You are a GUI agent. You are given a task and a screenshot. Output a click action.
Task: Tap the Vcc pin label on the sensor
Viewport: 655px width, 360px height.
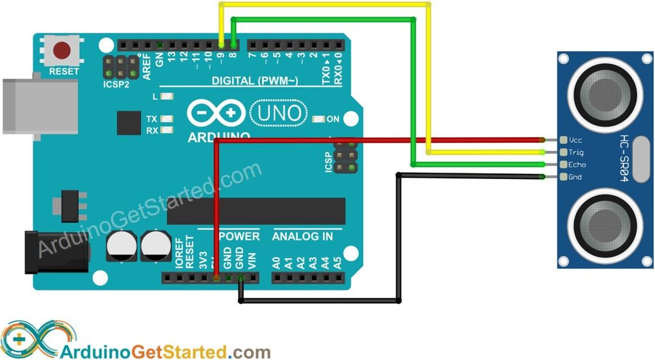(x=575, y=140)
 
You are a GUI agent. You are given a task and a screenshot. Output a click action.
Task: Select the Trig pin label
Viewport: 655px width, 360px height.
(x=576, y=152)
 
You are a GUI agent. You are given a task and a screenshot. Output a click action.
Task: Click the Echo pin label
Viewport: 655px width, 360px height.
(x=576, y=164)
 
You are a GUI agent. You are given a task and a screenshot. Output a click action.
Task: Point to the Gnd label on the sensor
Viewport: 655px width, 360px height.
(x=575, y=176)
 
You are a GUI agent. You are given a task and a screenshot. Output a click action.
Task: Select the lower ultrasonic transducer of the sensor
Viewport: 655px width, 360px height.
(x=604, y=224)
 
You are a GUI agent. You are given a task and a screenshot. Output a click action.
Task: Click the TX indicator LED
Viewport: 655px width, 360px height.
(x=168, y=120)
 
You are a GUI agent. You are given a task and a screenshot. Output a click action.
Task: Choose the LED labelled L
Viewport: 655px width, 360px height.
(x=168, y=97)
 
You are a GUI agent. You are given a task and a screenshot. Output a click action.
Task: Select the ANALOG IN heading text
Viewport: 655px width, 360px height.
(x=303, y=236)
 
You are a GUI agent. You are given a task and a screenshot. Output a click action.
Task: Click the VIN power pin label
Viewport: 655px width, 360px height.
(x=251, y=260)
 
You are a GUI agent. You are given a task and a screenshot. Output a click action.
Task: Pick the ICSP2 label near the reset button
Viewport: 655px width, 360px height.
(x=117, y=84)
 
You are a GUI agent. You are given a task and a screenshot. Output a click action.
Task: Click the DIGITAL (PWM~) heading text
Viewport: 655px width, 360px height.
(x=255, y=81)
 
